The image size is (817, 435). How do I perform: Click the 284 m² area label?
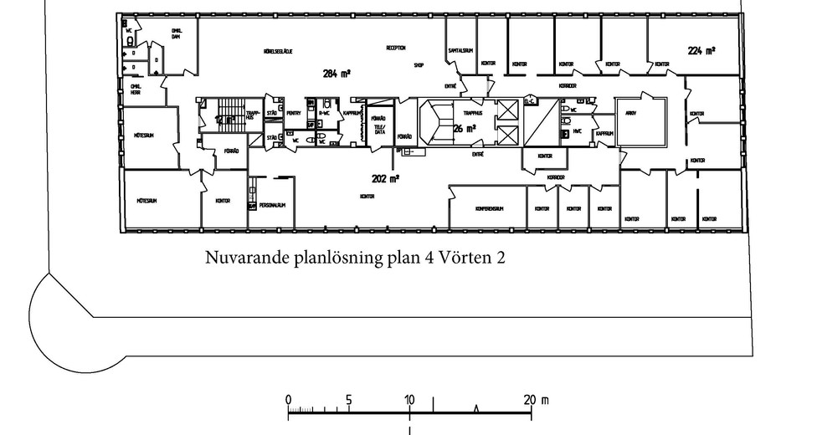(x=336, y=74)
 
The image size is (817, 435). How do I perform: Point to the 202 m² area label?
(x=385, y=178)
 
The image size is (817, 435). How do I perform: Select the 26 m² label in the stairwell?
(x=465, y=129)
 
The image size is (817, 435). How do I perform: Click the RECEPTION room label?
(x=396, y=48)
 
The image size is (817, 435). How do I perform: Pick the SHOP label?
(x=419, y=64)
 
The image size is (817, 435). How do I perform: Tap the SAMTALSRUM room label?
(x=460, y=50)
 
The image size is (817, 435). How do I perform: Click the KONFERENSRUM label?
(x=488, y=208)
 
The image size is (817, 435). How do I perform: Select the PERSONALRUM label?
(x=273, y=205)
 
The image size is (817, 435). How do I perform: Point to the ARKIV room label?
(x=642, y=113)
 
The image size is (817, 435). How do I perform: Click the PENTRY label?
(x=294, y=113)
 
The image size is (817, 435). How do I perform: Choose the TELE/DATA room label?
(x=378, y=130)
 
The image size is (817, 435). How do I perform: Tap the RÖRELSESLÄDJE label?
(x=277, y=51)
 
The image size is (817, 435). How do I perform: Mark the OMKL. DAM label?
(x=177, y=34)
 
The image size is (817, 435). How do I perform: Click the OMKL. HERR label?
(x=135, y=89)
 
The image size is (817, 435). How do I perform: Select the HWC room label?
(x=578, y=131)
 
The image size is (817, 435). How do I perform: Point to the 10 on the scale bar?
(x=409, y=399)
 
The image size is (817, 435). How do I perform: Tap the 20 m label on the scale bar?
(x=535, y=399)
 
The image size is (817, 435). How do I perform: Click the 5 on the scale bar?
(x=348, y=399)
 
